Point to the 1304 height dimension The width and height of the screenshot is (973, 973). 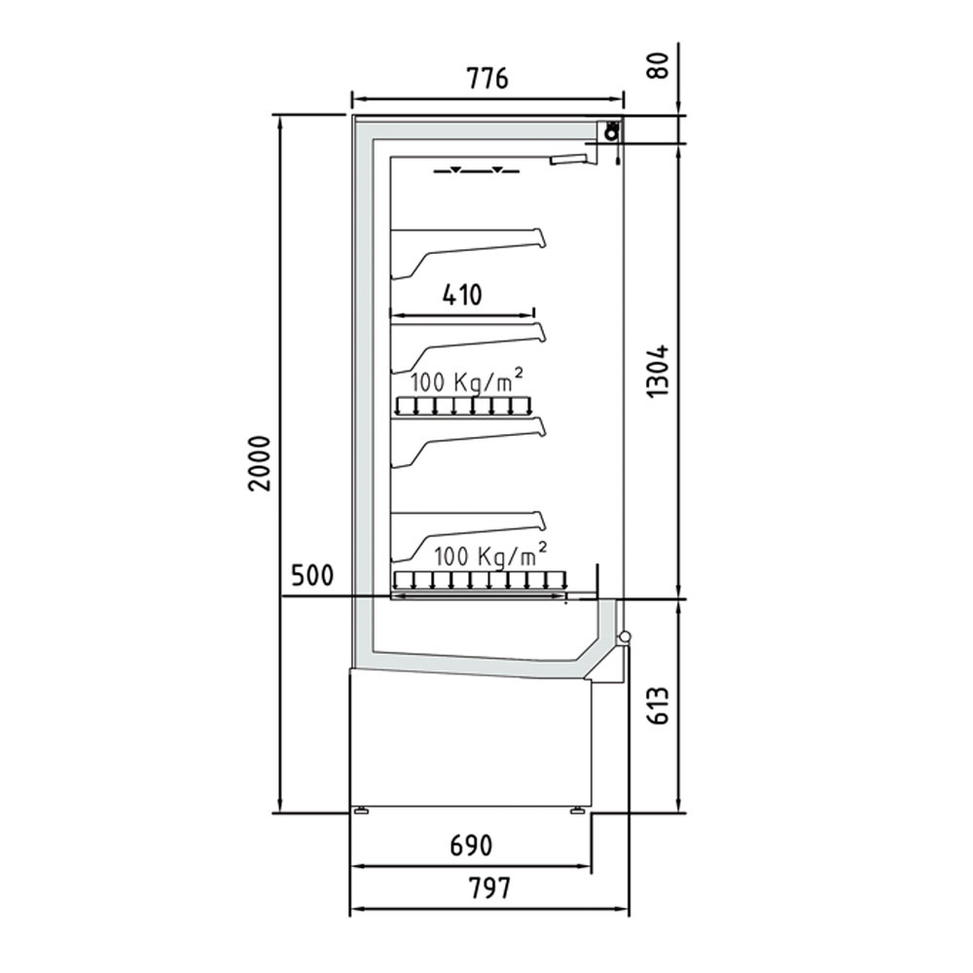click(x=661, y=371)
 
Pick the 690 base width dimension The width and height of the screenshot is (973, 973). click(x=470, y=846)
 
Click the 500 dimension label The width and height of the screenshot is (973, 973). click(x=311, y=575)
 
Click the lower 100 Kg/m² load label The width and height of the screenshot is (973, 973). click(x=489, y=556)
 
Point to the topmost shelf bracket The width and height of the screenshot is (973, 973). click(x=467, y=247)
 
